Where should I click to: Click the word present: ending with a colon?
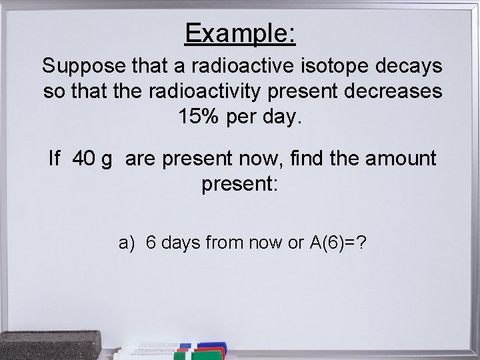[239, 185]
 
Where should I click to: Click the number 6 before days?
[150, 243]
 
